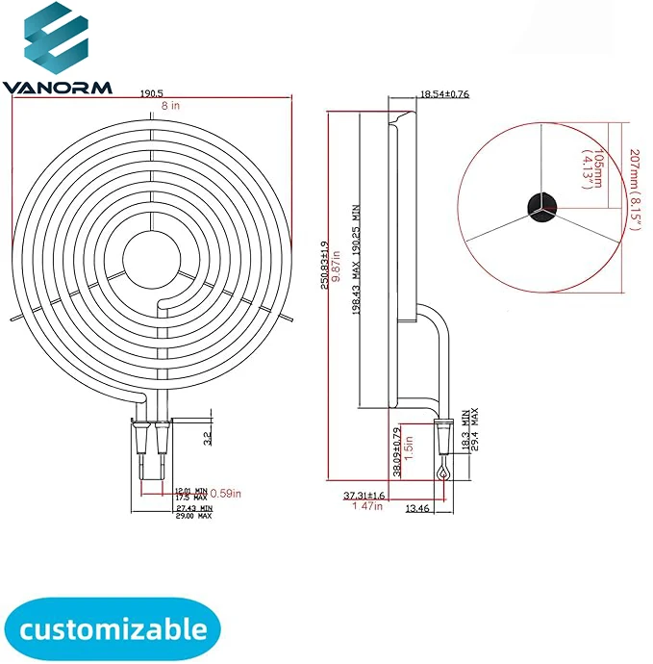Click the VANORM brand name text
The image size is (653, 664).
(57, 88)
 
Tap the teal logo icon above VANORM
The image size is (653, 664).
(56, 41)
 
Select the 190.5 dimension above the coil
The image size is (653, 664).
(150, 94)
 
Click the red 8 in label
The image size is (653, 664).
(150, 107)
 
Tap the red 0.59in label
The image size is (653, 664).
(225, 494)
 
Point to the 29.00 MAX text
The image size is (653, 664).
(192, 516)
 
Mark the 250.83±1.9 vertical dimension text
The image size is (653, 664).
(325, 265)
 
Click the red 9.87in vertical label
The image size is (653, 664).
(338, 265)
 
